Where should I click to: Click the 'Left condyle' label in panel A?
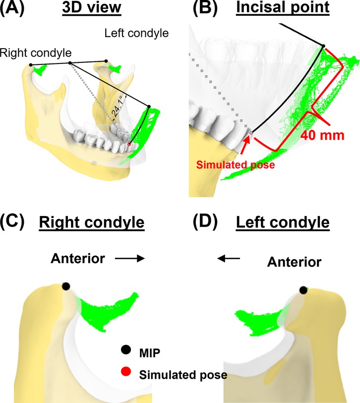[137, 34]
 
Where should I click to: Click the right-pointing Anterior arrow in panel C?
[130, 258]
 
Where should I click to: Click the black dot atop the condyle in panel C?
[65, 286]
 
